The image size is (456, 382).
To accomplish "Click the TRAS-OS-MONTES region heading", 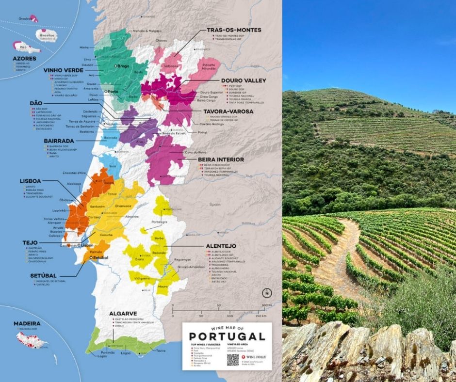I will tap(234, 30).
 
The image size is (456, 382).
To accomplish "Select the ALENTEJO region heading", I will tap(221, 246).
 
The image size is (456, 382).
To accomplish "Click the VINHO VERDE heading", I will tap(63, 70).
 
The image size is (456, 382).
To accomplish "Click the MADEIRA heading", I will tap(27, 324).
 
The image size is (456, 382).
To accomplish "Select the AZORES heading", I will tap(24, 58).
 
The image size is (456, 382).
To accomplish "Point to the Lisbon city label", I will tap(87, 246).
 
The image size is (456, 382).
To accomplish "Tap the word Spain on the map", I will tap(215, 205).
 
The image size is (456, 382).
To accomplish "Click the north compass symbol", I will tap(266, 293).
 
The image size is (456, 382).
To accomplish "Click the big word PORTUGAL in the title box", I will tap(227, 336).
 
